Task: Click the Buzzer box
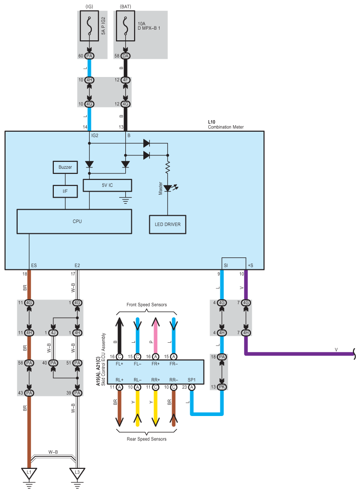65,166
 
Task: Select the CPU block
74,221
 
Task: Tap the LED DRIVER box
167,224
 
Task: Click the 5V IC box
108,185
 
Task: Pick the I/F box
65,190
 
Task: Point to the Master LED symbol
167,188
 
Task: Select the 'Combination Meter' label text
225,127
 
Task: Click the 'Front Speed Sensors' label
147,305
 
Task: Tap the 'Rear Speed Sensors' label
147,439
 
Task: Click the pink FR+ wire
156,334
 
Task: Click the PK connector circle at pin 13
222,387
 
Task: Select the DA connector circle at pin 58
125,56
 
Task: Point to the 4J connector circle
53,333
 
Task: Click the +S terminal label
251,265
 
